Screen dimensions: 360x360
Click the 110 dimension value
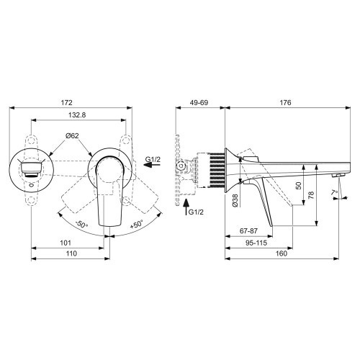pyautogui.click(x=70, y=255)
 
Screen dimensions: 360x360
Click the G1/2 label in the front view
pyautogui.click(x=153, y=158)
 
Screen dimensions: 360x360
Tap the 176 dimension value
pyautogui.click(x=285, y=103)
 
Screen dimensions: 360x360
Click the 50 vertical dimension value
pyautogui.click(x=298, y=186)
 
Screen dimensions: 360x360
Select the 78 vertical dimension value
pyautogui.click(x=311, y=196)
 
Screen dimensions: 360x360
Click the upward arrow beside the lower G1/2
pyautogui.click(x=186, y=210)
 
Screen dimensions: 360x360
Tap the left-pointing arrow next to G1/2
pyautogui.click(x=152, y=168)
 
